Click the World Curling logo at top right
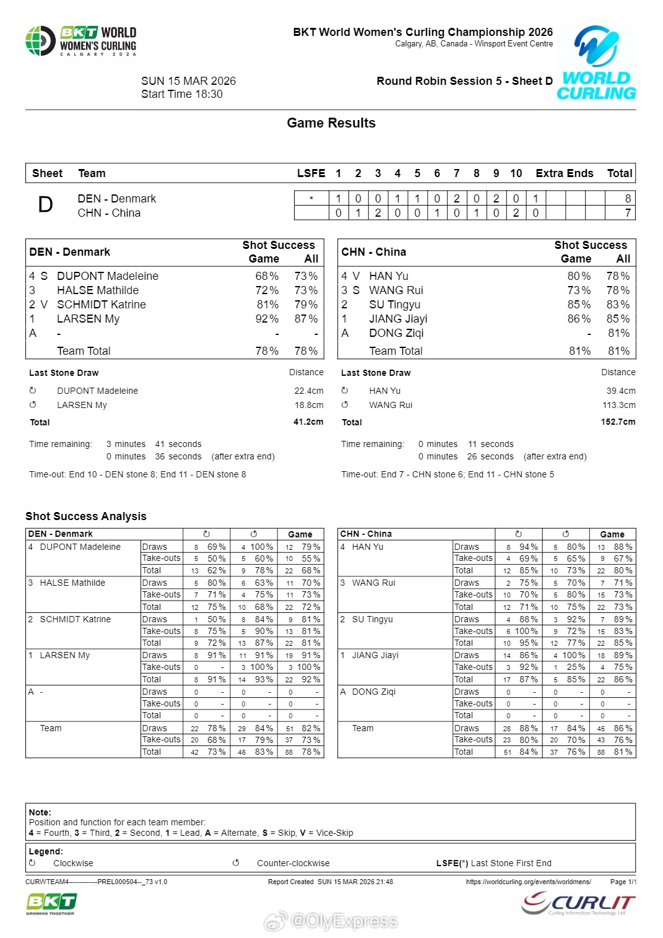[x=596, y=63]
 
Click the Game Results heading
[x=331, y=123]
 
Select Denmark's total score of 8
[x=628, y=199]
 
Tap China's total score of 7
[x=628, y=213]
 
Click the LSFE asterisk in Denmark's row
[x=311, y=199]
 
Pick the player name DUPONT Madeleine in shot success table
[x=108, y=276]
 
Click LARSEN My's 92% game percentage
[x=267, y=319]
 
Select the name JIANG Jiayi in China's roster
[x=398, y=319]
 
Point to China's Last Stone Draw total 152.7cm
[x=618, y=422]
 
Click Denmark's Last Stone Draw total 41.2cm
[x=308, y=422]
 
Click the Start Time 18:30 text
[x=182, y=94]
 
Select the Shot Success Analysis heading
[x=86, y=516]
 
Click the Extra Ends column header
[x=564, y=173]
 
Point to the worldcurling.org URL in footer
[x=528, y=882]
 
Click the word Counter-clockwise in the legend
[x=293, y=863]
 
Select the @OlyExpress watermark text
[x=344, y=921]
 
